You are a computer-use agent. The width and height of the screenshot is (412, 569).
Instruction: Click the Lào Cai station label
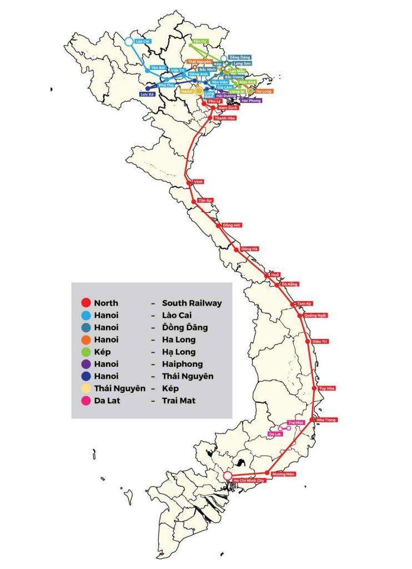tap(143, 42)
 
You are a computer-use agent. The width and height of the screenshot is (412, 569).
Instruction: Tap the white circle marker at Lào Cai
tap(129, 41)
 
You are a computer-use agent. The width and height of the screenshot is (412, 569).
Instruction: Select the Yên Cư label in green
tap(200, 42)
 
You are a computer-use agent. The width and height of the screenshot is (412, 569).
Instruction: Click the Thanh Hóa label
tap(223, 118)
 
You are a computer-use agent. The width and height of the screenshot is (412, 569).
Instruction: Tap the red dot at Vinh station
tap(188, 182)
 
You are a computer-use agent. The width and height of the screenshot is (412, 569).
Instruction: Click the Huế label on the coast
tap(274, 274)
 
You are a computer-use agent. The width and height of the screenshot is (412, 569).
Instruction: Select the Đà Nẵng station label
tap(290, 284)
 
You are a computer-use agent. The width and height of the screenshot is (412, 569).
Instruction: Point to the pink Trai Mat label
tap(296, 422)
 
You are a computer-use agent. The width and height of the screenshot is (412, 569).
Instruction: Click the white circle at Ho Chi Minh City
tap(227, 475)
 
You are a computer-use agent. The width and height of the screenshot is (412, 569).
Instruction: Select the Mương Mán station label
tap(283, 474)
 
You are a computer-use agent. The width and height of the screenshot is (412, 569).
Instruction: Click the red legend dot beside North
tap(86, 303)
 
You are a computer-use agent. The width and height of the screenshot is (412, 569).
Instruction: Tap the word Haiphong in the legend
tap(182, 364)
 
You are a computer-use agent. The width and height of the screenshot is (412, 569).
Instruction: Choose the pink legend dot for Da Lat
tap(86, 401)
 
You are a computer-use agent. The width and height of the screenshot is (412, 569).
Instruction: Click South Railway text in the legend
tap(192, 303)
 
